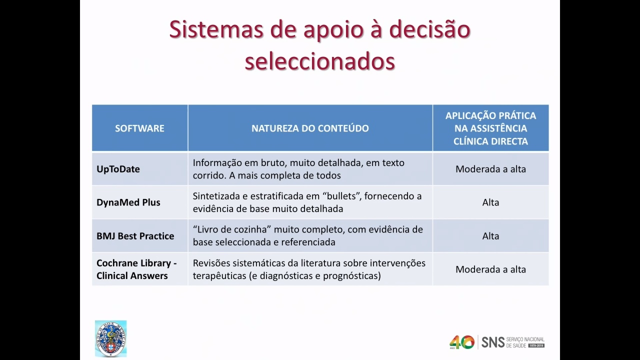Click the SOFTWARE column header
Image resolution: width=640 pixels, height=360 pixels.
pyautogui.click(x=139, y=128)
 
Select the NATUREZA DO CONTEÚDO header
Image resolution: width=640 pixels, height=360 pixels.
pyautogui.click(x=310, y=128)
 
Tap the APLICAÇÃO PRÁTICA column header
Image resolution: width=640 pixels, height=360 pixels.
pyautogui.click(x=490, y=128)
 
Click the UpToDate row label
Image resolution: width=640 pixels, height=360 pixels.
pyautogui.click(x=118, y=169)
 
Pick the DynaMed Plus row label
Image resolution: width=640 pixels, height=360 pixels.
pyautogui.click(x=128, y=202)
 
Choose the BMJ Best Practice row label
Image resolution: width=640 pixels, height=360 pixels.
pyautogui.click(x=135, y=236)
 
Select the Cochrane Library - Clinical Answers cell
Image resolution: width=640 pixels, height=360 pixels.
pyautogui.click(x=136, y=269)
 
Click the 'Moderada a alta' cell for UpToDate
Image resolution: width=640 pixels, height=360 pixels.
pyautogui.click(x=490, y=169)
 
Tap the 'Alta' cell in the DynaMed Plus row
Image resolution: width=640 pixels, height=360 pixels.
pyautogui.click(x=490, y=202)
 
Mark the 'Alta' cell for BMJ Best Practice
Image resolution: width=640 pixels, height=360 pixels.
pyautogui.click(x=490, y=236)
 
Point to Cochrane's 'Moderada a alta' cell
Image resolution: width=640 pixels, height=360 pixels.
pyautogui.click(x=490, y=269)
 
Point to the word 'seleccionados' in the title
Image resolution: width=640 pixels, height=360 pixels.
pyautogui.click(x=319, y=61)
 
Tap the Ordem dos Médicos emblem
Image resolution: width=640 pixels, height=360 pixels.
pyautogui.click(x=111, y=338)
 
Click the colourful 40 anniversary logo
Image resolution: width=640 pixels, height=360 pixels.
pyautogui.click(x=461, y=342)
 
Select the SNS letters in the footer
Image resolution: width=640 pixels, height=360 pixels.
pyautogui.click(x=493, y=342)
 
